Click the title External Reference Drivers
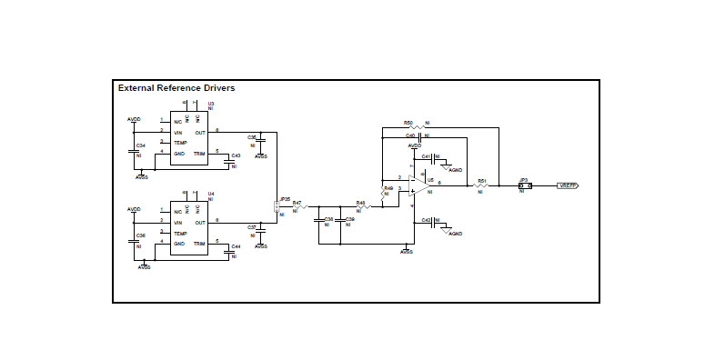click(x=176, y=88)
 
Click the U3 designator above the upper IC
click(x=211, y=104)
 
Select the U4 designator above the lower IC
click(x=211, y=193)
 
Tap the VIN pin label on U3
click(x=179, y=132)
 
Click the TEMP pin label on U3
click(x=180, y=143)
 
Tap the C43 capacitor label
click(x=236, y=155)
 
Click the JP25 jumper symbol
click(x=277, y=208)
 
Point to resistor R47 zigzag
click(x=299, y=207)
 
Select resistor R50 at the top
click(x=418, y=126)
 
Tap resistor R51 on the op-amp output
click(x=481, y=185)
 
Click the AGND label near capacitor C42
click(x=456, y=234)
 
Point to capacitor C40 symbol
click(x=419, y=136)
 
